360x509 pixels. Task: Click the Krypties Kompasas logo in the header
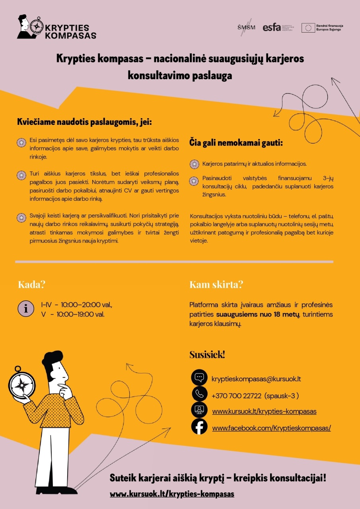point(56,27)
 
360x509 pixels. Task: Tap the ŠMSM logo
point(246,27)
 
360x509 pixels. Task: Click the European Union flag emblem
point(308,27)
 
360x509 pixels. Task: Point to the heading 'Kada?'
point(31,285)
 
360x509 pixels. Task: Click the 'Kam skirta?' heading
point(216,285)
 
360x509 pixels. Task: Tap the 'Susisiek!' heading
point(207,355)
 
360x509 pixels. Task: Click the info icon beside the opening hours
point(26,309)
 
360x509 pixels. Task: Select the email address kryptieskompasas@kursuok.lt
point(256,379)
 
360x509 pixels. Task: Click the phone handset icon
point(199,394)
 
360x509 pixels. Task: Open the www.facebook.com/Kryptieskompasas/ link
point(271,428)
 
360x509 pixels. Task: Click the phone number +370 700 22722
point(236,396)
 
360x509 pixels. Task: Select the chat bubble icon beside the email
point(199,377)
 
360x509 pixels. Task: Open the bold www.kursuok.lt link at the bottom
point(172,494)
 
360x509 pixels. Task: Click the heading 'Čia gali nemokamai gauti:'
point(236,142)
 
